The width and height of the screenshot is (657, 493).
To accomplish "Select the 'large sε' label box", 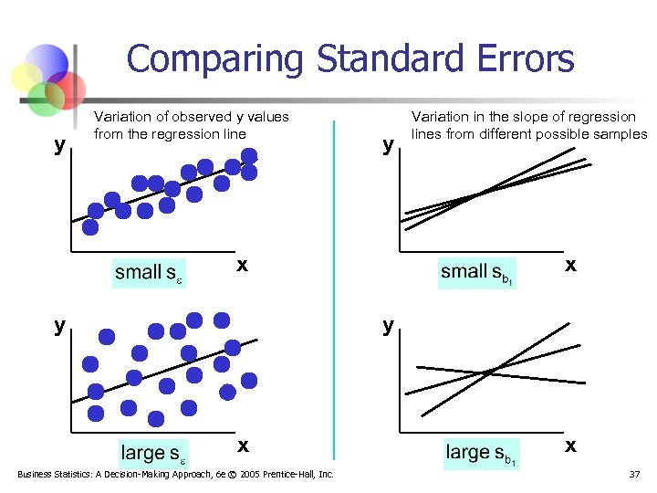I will click(154, 453).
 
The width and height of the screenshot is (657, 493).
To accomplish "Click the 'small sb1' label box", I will click(477, 272).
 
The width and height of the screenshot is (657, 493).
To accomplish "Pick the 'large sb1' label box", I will click(481, 452).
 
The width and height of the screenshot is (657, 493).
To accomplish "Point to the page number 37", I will click(634, 475).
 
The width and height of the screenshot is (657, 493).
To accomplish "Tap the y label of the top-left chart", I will click(59, 145).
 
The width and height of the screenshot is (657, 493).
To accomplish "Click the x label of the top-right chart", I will click(570, 265).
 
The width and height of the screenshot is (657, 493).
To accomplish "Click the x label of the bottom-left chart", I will click(243, 446).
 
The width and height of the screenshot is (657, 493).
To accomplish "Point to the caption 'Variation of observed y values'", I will click(192, 117).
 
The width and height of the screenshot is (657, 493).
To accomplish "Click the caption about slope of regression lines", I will click(527, 125).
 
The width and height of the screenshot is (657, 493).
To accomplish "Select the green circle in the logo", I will click(44, 99).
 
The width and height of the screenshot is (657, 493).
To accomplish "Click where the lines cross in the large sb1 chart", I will click(492, 371).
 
